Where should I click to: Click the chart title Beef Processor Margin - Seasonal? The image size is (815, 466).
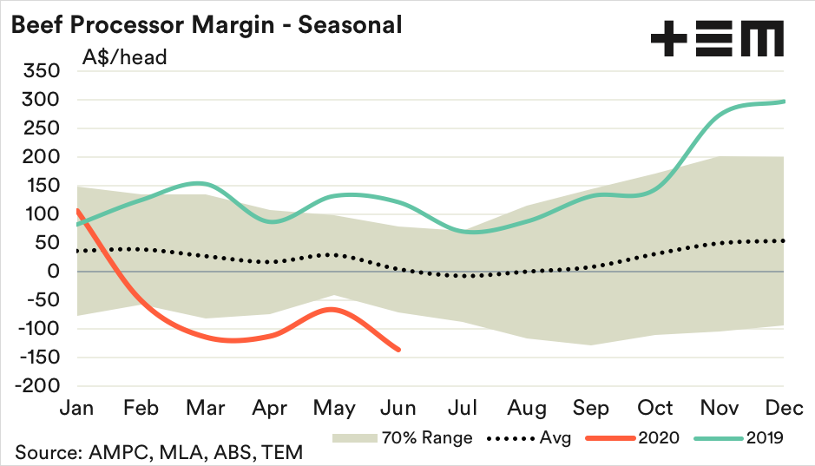coord(206,24)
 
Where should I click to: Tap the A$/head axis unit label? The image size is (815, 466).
coord(124,58)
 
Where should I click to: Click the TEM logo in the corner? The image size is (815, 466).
coord(717,40)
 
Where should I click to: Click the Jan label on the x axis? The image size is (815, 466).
coord(79,408)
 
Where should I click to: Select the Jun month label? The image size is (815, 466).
coord(399,408)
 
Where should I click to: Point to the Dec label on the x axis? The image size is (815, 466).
coord(784,408)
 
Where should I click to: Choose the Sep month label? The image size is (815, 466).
coord(591,408)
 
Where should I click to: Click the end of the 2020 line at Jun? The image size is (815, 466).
coord(399,350)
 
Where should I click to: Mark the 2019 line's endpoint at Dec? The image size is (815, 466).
coord(785,102)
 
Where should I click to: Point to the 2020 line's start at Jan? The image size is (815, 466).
coord(78,210)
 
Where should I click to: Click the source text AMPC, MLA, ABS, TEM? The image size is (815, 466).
coord(158,452)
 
